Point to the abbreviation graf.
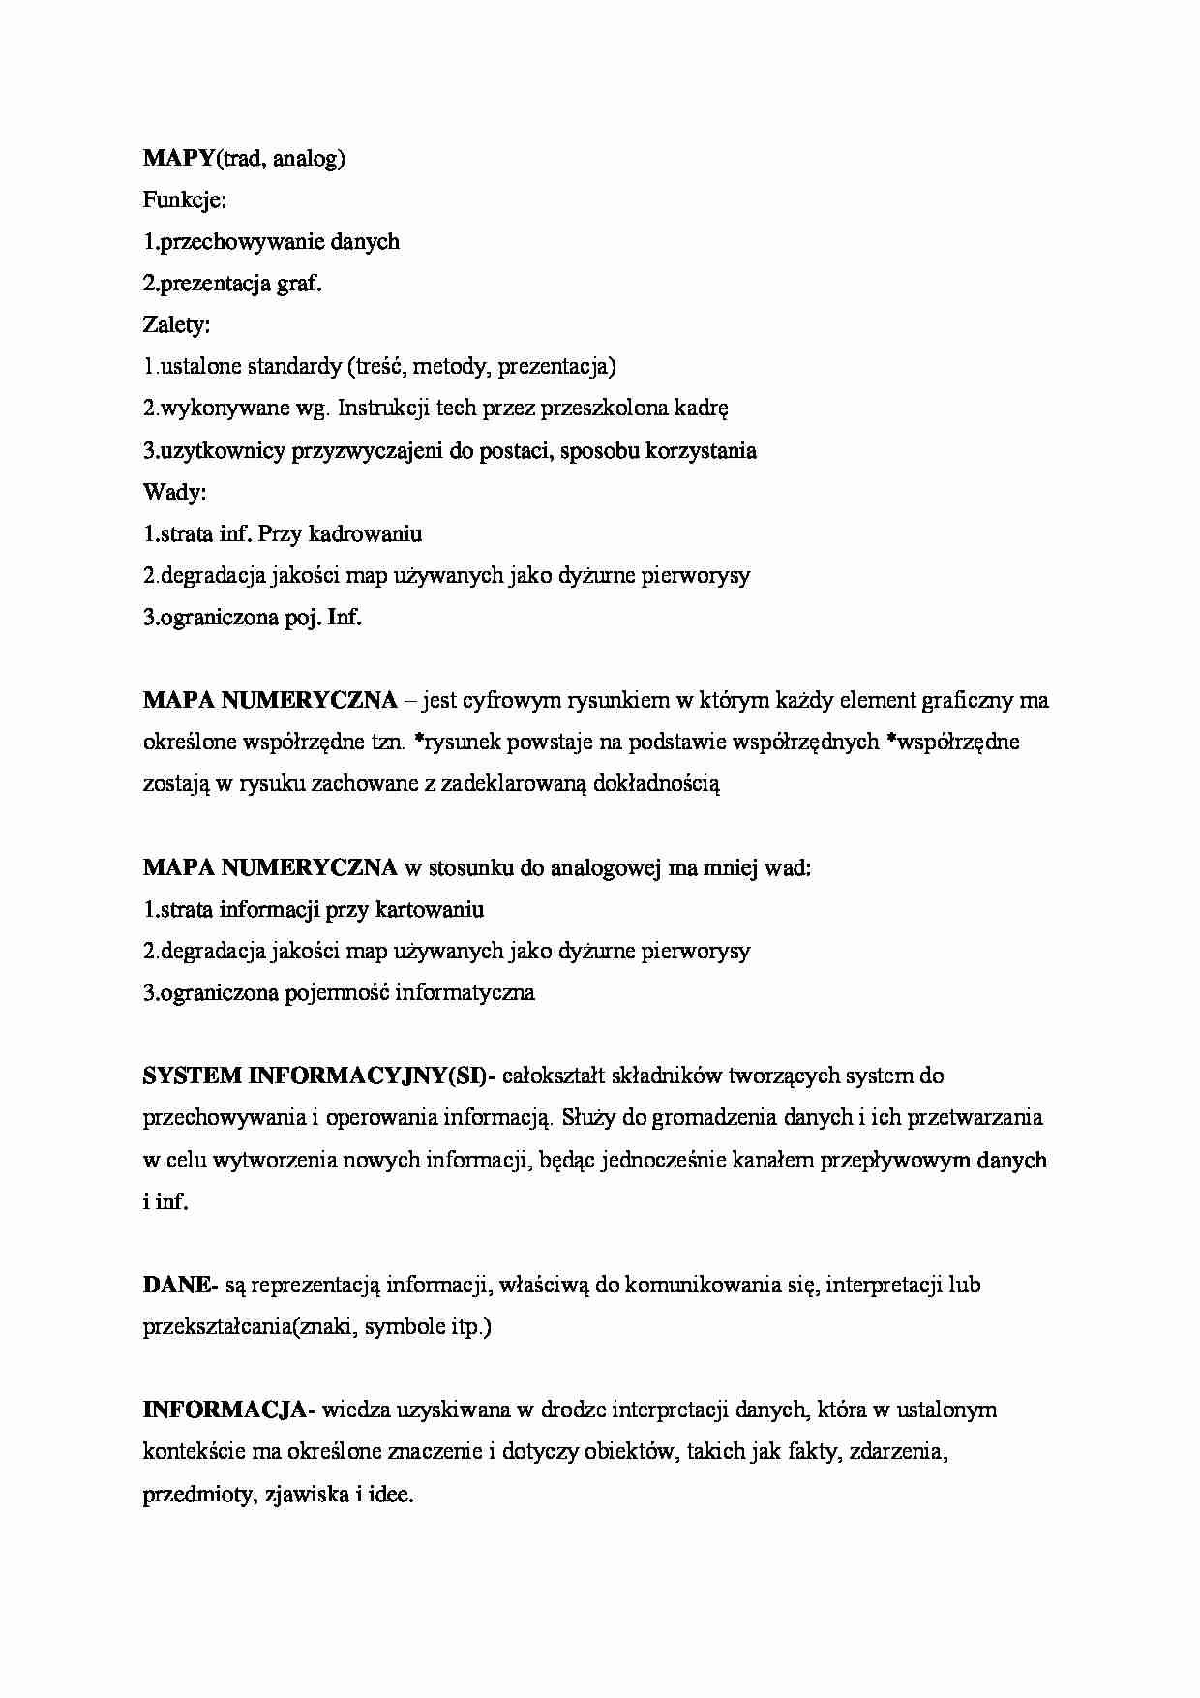301,284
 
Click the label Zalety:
176,325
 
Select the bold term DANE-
180,1286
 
